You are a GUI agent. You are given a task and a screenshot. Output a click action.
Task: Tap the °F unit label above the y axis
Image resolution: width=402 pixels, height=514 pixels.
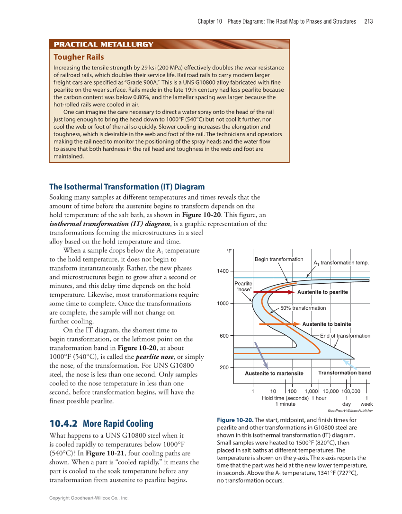click(229, 251)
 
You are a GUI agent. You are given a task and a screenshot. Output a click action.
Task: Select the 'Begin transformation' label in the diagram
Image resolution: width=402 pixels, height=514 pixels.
click(279, 259)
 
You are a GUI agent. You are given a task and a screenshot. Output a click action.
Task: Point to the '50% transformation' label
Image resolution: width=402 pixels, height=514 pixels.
click(303, 308)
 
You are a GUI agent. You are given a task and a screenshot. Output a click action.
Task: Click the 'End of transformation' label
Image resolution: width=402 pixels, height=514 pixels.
click(345, 336)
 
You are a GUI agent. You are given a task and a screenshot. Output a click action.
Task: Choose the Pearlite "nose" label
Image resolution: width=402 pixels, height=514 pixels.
click(243, 286)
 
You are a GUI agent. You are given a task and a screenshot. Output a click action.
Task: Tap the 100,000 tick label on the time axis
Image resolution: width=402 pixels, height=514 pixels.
click(351, 391)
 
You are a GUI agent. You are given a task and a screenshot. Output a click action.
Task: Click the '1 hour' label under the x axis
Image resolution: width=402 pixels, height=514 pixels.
click(319, 398)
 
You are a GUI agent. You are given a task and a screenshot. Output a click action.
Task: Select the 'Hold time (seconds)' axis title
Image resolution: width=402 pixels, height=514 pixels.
click(285, 398)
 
